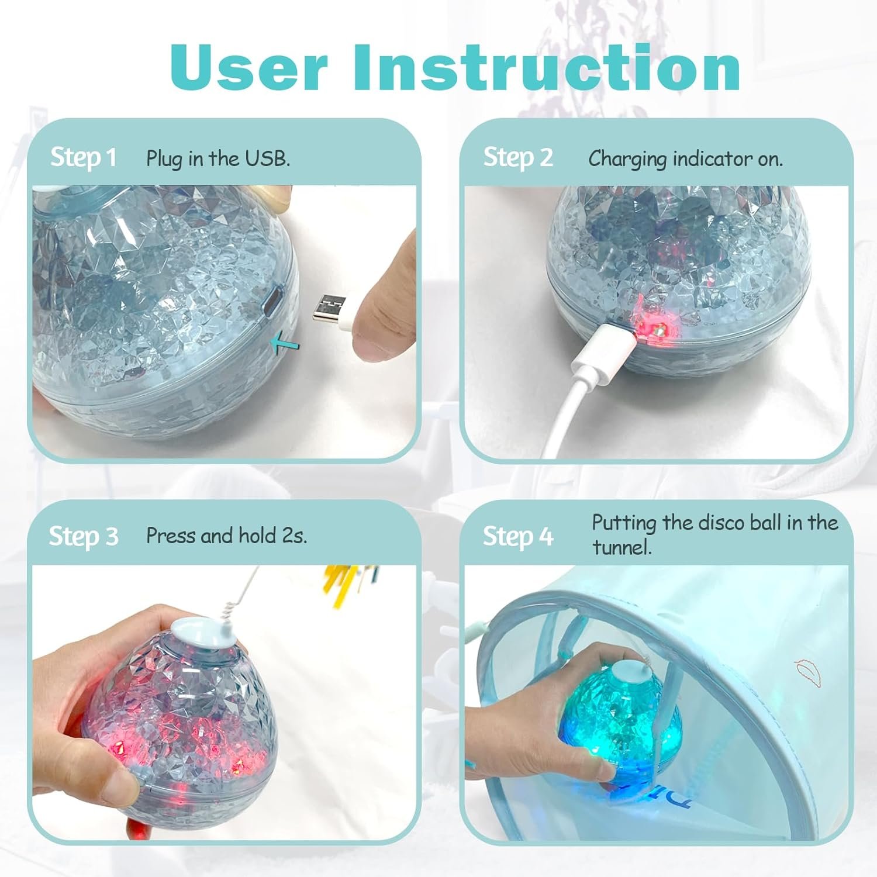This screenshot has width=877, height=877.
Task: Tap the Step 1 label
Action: pos(84,157)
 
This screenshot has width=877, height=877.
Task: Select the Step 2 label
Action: pos(518,157)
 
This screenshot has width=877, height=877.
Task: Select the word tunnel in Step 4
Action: pos(622,547)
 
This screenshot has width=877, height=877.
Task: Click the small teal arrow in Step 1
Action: pos(285,344)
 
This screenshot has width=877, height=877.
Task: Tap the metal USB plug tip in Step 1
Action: pos(327,308)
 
